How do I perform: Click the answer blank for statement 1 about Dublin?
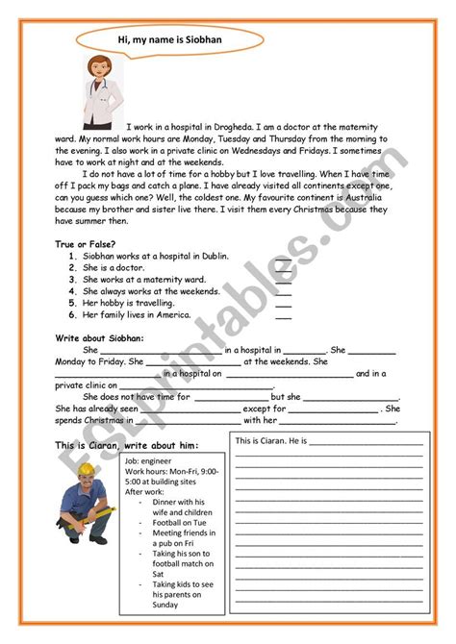[283, 259]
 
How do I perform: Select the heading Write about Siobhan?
[99, 338]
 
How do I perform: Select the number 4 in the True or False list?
[72, 291]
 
